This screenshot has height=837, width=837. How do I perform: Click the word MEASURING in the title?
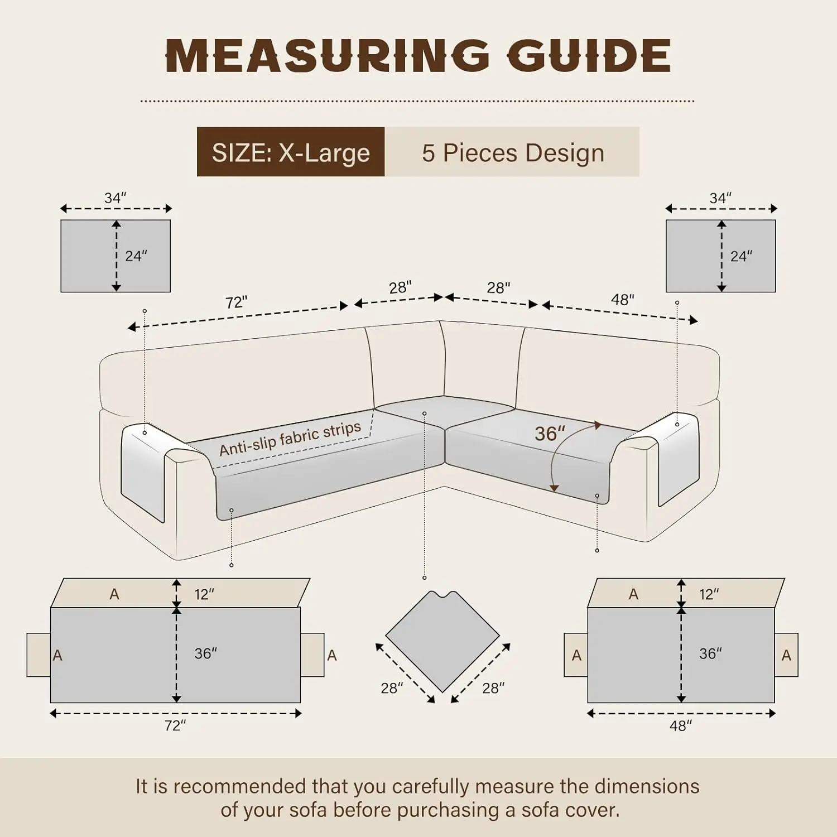(x=328, y=56)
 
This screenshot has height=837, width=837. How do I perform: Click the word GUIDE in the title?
(x=589, y=56)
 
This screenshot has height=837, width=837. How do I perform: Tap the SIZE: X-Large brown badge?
(x=291, y=152)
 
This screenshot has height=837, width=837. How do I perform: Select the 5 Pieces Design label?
(x=513, y=152)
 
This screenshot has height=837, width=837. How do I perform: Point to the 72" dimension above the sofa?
(x=236, y=302)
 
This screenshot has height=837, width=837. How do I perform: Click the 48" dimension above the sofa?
(x=622, y=300)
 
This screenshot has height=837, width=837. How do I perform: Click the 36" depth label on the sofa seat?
(x=550, y=434)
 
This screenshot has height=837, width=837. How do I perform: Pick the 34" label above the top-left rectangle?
(x=115, y=198)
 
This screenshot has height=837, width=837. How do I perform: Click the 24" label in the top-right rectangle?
(x=741, y=256)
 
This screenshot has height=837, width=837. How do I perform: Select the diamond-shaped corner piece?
(x=442, y=641)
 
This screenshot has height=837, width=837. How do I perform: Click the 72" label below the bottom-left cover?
(x=175, y=725)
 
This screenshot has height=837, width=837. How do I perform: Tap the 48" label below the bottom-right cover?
(x=681, y=725)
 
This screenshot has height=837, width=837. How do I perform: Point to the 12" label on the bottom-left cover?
(x=204, y=594)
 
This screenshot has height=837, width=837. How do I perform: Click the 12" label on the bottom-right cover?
(x=709, y=594)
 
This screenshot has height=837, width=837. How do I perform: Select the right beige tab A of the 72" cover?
(x=313, y=655)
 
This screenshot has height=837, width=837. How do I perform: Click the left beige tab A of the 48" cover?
(x=576, y=655)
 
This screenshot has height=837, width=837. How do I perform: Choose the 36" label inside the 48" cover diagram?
(x=710, y=653)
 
